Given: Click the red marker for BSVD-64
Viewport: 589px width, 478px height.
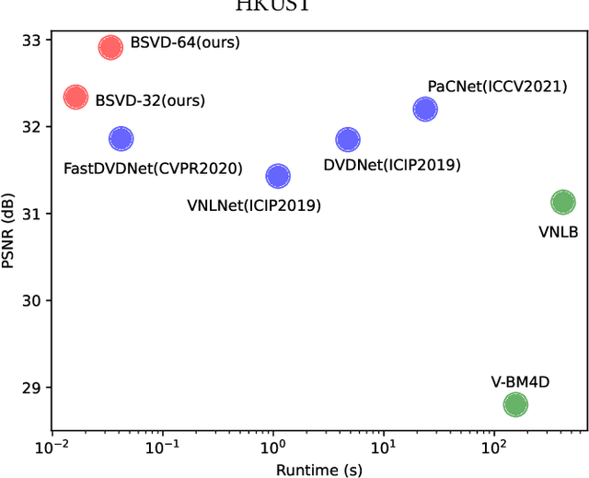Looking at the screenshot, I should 110,48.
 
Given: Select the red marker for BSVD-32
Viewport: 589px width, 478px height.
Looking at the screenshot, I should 75,97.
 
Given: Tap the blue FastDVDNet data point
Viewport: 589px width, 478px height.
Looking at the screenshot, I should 121,139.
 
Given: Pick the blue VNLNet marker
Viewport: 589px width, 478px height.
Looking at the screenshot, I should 278,176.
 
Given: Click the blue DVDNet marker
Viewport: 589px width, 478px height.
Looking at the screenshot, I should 348,140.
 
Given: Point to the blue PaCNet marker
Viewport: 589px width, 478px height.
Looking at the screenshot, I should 425,110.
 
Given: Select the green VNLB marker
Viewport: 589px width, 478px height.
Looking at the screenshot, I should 562,203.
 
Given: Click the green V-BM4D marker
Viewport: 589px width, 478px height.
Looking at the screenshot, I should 515,404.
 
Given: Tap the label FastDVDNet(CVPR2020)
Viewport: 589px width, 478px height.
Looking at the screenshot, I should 153,169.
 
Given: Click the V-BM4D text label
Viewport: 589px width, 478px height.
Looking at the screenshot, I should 520,380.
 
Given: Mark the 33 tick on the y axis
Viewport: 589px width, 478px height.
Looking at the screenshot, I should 31,40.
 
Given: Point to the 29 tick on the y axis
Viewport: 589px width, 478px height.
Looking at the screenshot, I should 31,388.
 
